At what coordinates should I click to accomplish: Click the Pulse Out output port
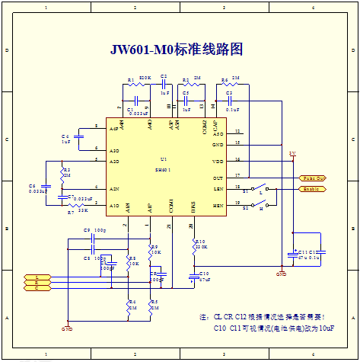314,177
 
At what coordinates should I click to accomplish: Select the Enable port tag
314,188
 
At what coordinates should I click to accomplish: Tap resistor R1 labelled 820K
138,85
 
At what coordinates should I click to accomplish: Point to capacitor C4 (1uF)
77,137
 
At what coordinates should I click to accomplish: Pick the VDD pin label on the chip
218,161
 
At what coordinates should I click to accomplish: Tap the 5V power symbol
292,155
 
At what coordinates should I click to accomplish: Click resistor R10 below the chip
191,244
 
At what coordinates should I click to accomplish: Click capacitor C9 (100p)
92,237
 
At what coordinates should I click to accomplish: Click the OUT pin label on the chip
218,177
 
